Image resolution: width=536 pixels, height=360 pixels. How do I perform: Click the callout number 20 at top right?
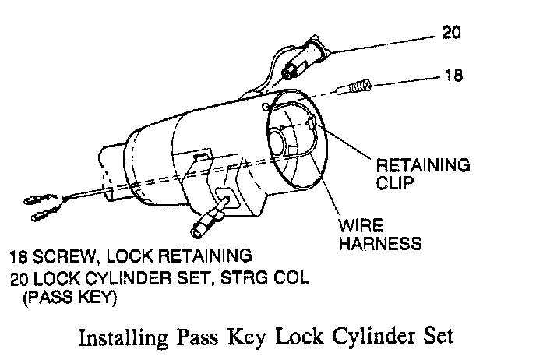tap(452, 34)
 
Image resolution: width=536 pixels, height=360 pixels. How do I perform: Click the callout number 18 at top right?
tap(452, 76)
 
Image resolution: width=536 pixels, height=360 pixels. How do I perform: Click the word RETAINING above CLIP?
tap(423, 166)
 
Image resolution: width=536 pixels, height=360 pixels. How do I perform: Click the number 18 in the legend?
tap(19, 255)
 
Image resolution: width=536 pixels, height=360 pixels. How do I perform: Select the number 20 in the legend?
tap(19, 278)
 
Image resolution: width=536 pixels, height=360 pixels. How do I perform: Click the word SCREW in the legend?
tap(62, 255)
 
